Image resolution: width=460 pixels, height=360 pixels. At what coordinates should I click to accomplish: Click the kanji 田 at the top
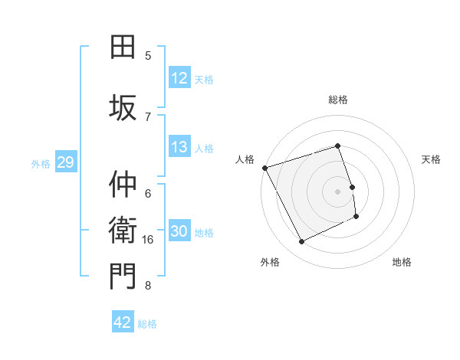tap(123, 47)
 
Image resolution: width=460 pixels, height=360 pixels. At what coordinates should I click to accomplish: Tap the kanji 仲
tap(123, 185)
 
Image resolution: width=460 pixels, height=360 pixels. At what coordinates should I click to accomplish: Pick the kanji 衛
tap(123, 230)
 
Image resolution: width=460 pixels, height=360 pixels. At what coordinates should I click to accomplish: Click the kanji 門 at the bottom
tap(123, 277)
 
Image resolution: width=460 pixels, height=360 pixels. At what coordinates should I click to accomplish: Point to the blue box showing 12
tap(179, 79)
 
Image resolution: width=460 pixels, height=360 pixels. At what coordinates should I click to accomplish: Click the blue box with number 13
tap(179, 148)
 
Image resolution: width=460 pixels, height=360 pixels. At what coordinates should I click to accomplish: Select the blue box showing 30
tap(179, 232)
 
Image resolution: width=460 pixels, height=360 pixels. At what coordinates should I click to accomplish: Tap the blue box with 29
tap(65, 163)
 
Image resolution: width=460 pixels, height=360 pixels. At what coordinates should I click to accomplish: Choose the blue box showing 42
tap(123, 323)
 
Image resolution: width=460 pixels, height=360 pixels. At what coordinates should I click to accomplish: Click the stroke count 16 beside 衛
tap(149, 240)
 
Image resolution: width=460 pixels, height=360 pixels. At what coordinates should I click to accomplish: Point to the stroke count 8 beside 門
tap(148, 286)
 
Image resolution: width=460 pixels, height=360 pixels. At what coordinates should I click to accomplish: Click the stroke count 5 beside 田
tap(148, 56)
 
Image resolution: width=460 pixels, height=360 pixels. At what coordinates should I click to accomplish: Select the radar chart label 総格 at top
tap(338, 100)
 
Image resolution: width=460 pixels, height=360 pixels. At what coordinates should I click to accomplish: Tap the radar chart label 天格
tap(431, 159)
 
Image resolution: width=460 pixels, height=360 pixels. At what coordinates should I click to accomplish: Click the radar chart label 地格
tap(402, 262)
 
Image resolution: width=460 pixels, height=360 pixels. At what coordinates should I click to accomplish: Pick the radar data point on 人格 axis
tap(264, 168)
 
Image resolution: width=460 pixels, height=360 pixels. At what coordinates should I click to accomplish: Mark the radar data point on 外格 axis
tap(302, 242)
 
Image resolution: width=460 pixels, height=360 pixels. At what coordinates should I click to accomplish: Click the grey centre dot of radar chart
tap(338, 191)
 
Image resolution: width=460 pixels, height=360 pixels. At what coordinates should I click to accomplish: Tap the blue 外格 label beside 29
tap(40, 164)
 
